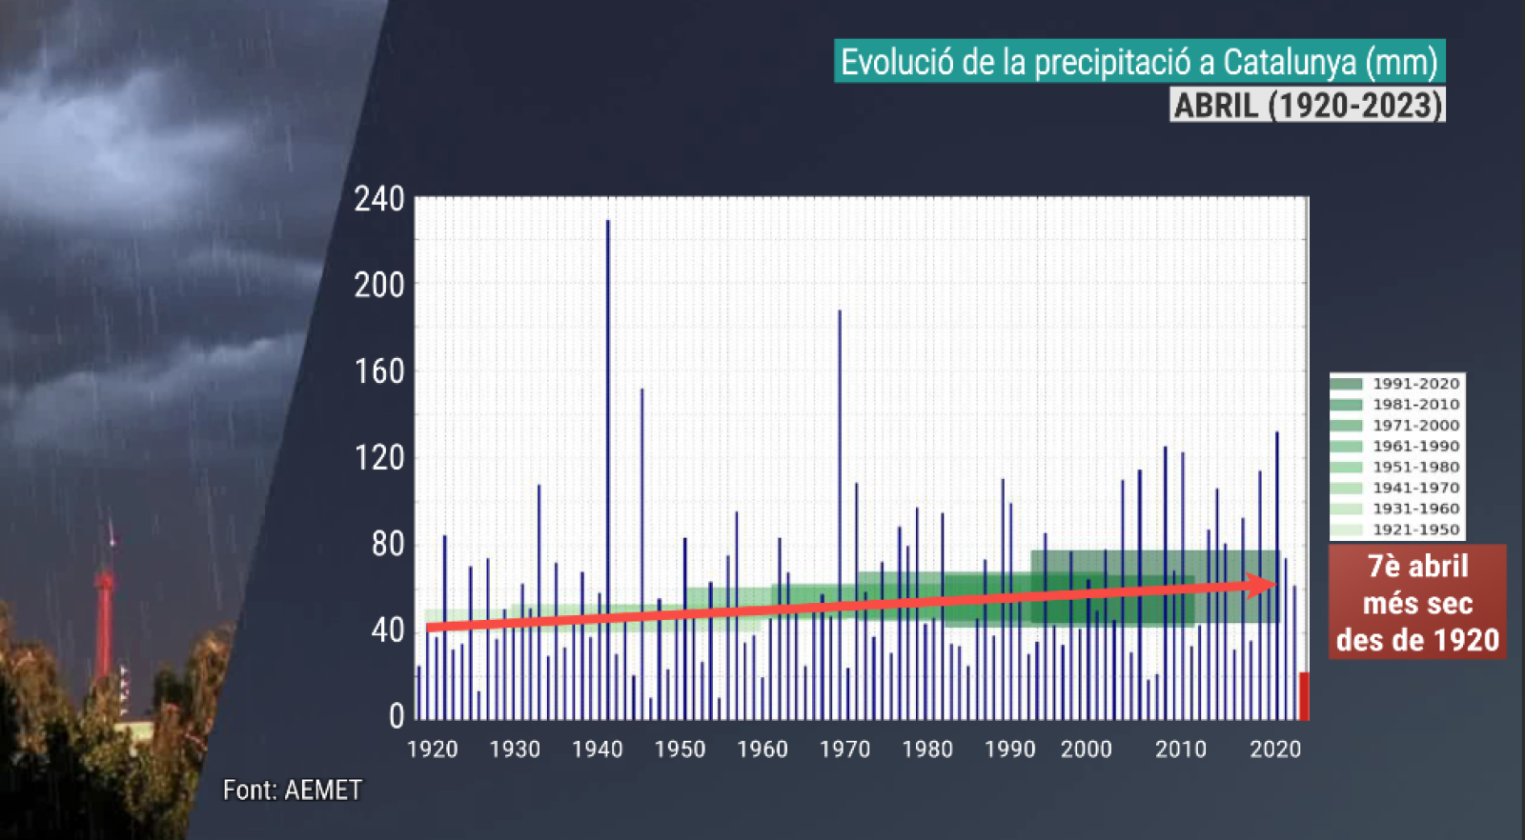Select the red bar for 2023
(1304, 696)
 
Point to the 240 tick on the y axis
(379, 200)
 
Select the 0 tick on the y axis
(396, 717)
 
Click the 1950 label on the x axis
(680, 750)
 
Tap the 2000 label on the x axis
(1087, 750)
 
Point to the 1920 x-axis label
(433, 750)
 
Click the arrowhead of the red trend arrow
(1263, 586)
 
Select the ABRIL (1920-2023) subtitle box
(1308, 105)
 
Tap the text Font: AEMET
(293, 790)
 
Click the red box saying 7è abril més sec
(1417, 603)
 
